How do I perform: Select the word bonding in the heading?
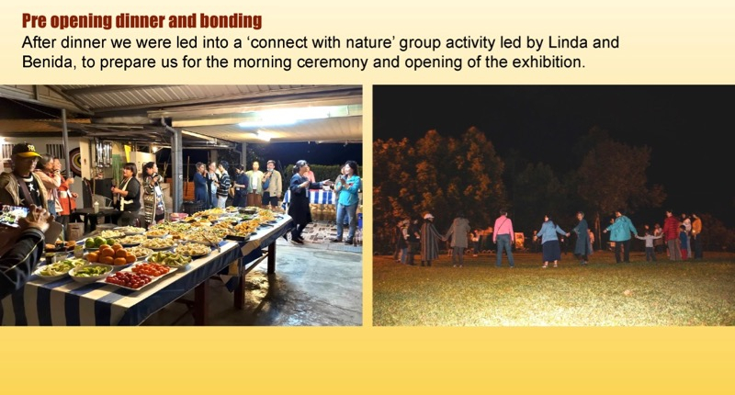[231, 21]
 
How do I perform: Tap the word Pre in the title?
[34, 21]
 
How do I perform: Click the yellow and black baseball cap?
[26, 151]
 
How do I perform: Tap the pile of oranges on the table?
[111, 254]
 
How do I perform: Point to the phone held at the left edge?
[13, 216]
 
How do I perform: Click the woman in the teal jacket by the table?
[347, 201]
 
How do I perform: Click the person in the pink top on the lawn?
[503, 239]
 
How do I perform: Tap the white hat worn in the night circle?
[428, 216]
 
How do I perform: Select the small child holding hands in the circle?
[650, 244]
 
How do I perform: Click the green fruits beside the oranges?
[95, 242]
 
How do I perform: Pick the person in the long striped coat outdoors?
[429, 240]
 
